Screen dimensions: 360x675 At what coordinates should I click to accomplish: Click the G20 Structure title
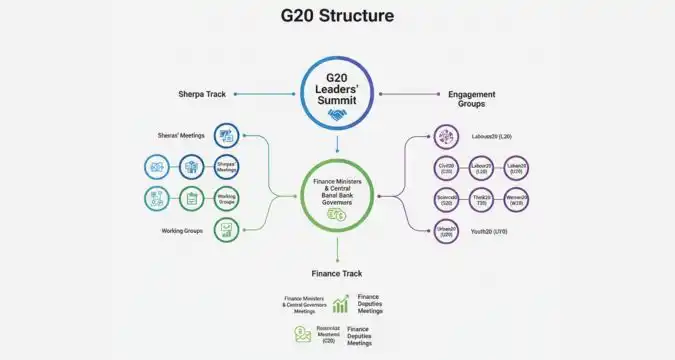[x=337, y=16]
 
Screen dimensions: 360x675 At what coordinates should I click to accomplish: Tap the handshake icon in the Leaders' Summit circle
[x=336, y=114]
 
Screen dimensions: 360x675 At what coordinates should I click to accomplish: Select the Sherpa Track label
[x=201, y=95]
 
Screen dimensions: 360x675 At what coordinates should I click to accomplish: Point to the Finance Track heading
[x=337, y=272]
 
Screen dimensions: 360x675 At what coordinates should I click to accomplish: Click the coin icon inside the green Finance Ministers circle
[x=336, y=214]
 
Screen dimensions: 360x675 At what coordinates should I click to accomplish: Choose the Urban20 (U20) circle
[x=446, y=231]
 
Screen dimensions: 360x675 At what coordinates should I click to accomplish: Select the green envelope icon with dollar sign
[x=301, y=335]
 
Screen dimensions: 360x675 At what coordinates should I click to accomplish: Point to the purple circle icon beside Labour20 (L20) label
[x=446, y=135]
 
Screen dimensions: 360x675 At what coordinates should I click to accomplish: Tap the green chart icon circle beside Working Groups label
[x=226, y=230]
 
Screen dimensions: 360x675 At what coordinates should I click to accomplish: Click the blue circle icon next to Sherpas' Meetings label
[x=226, y=135]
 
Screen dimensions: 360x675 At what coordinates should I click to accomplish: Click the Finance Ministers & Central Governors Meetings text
[x=306, y=304]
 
